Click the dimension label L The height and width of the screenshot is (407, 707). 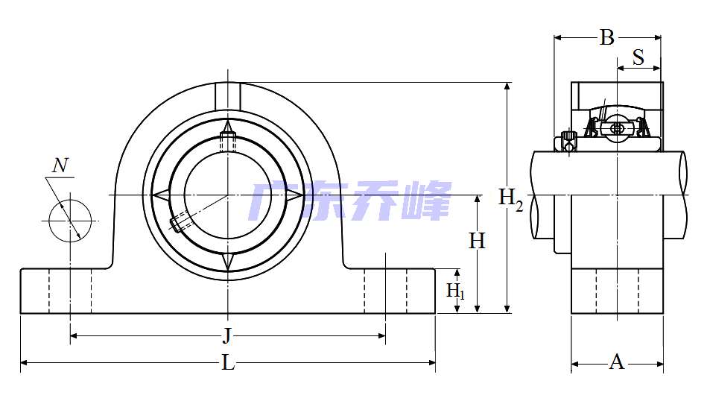coord(228,363)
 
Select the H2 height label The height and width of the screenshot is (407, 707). coord(511,198)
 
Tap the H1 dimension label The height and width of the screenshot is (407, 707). coord(455,291)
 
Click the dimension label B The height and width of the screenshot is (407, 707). coord(607,37)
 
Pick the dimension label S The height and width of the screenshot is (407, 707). coord(638,58)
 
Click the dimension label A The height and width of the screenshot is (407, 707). coord(617,363)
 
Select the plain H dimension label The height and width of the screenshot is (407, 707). coord(477,241)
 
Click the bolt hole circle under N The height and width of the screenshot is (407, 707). coord(70,219)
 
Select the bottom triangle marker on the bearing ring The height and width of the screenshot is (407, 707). coord(228,262)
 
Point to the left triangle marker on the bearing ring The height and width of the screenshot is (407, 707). coord(159,195)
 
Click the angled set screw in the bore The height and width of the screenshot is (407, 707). coord(181,222)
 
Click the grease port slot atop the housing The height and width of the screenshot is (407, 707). coord(228,95)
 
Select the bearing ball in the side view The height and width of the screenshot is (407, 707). coord(616,128)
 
